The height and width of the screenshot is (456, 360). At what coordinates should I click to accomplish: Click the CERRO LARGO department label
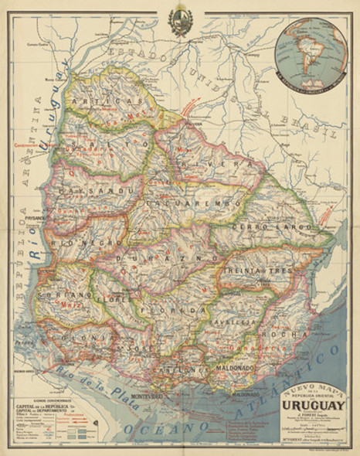(x=261, y=228)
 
